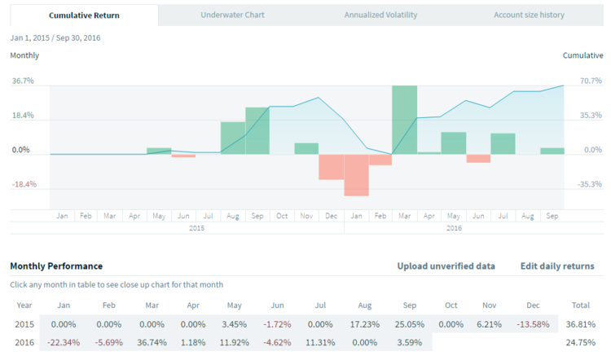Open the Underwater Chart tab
pyautogui.click(x=232, y=15)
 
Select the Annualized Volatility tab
pyautogui.click(x=380, y=15)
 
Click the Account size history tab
pyautogui.click(x=529, y=15)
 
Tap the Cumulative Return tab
pyautogui.click(x=84, y=15)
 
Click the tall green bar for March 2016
pyautogui.click(x=405, y=119)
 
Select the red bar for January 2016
pyautogui.click(x=356, y=174)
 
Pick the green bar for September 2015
pyautogui.click(x=257, y=130)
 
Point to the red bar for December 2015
pyautogui.click(x=331, y=166)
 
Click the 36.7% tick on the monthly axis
pyautogui.click(x=23, y=81)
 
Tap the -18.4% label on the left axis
pyautogui.click(x=24, y=184)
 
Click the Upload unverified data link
pyautogui.click(x=446, y=266)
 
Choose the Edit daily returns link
pyautogui.click(x=556, y=266)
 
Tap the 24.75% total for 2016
pyautogui.click(x=582, y=342)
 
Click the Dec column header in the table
pyautogui.click(x=533, y=305)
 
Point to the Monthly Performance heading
pyautogui.click(x=56, y=266)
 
